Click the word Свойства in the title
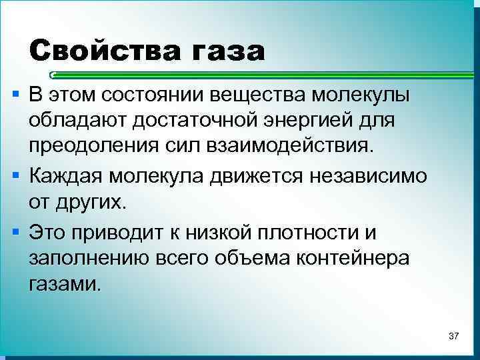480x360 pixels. pyautogui.click(x=100, y=50)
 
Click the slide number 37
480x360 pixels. pyautogui.click(x=453, y=335)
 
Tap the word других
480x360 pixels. pyautogui.click(x=91, y=202)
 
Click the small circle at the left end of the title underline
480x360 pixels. pyautogui.click(x=53, y=75)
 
